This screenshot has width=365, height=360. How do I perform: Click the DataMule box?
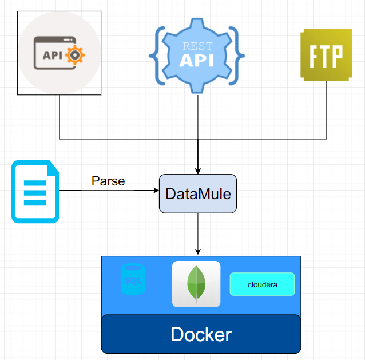click(x=198, y=193)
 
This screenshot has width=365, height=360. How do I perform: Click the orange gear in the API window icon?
click(x=76, y=55)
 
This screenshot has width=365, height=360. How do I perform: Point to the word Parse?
click(x=108, y=181)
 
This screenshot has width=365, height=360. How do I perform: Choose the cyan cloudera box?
click(x=262, y=284)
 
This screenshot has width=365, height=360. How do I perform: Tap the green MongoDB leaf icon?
click(x=196, y=284)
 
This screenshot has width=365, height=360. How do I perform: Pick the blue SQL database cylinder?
click(x=133, y=280)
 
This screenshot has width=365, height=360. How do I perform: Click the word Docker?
click(x=201, y=334)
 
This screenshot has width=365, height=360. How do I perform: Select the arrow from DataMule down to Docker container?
click(x=198, y=234)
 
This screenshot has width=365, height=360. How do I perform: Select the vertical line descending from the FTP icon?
click(x=327, y=109)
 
